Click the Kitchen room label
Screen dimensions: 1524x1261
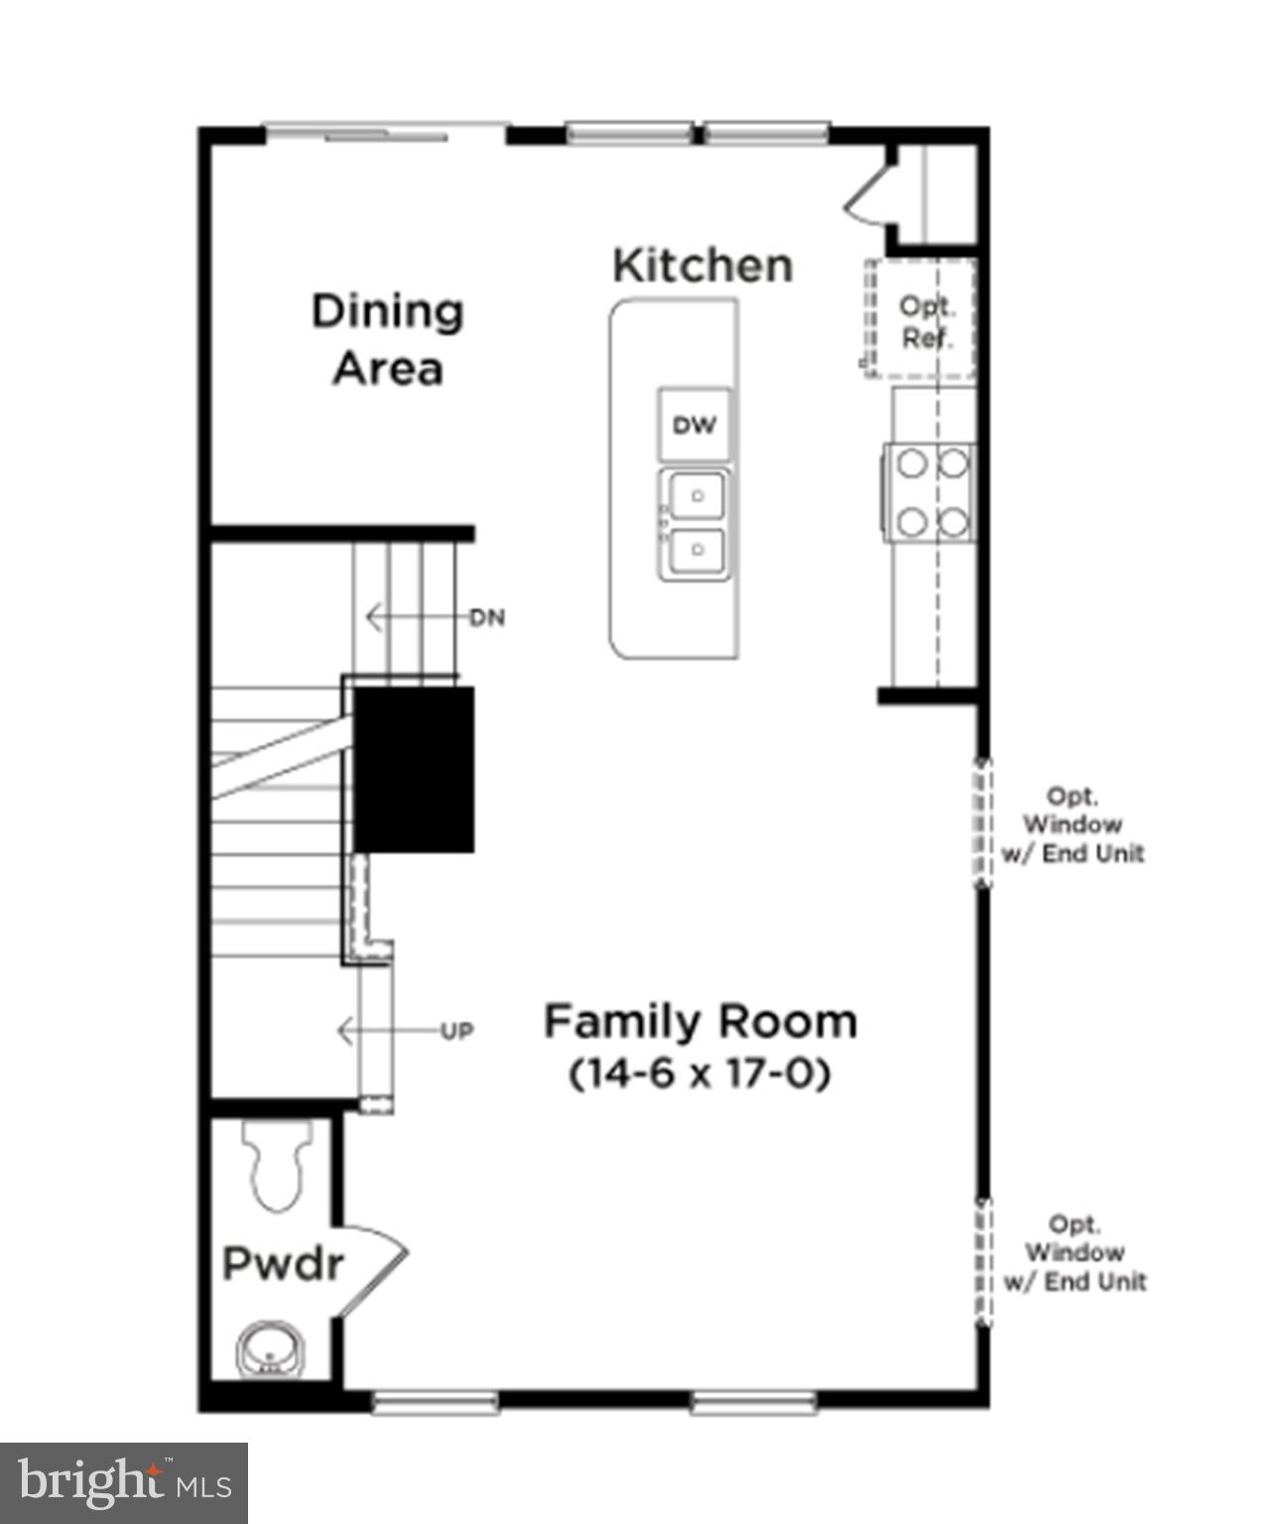[702, 266]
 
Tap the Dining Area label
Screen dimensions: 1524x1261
[387, 339]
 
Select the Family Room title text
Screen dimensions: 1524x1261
[700, 1021]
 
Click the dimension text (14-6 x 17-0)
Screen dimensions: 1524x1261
[700, 1074]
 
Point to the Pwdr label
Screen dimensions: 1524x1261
[283, 1264]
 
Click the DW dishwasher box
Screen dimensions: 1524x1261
[694, 425]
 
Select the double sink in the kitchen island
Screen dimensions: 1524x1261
[694, 523]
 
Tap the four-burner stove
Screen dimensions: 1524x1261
[931, 492]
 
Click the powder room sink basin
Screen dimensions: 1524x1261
[269, 1349]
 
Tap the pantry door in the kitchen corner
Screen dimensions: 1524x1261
[869, 193]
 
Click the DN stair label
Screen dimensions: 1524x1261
[487, 618]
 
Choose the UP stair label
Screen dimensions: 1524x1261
[456, 1032]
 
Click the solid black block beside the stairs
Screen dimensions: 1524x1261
[414, 769]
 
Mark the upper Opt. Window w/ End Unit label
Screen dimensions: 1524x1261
[1073, 825]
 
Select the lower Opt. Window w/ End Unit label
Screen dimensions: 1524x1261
[1074, 1253]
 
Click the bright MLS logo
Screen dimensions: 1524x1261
[124, 1483]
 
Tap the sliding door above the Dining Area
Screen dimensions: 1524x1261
[387, 132]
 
